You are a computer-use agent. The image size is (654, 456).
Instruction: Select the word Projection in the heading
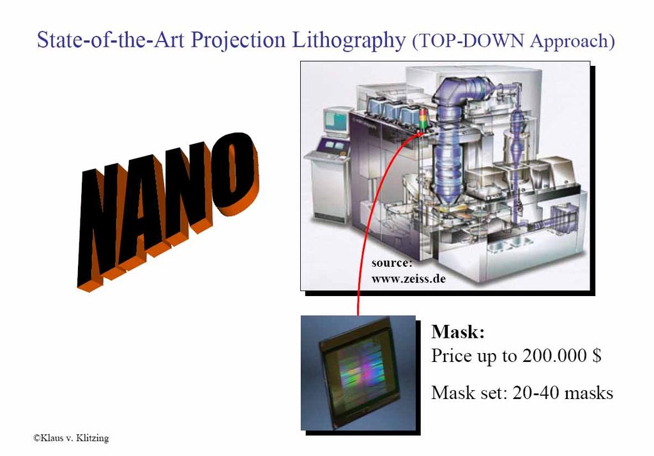tap(238, 41)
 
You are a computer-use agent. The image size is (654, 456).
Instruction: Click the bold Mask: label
tap(457, 331)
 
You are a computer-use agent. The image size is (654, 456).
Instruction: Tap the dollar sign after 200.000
tap(596, 356)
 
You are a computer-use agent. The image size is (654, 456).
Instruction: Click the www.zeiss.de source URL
tap(408, 279)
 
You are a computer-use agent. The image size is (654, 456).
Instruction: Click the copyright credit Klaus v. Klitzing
tap(71, 438)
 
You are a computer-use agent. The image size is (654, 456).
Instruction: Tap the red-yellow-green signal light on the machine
tap(423, 119)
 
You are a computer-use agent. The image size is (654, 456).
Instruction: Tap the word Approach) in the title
tap(572, 42)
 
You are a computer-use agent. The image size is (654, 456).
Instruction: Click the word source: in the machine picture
tap(392, 263)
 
